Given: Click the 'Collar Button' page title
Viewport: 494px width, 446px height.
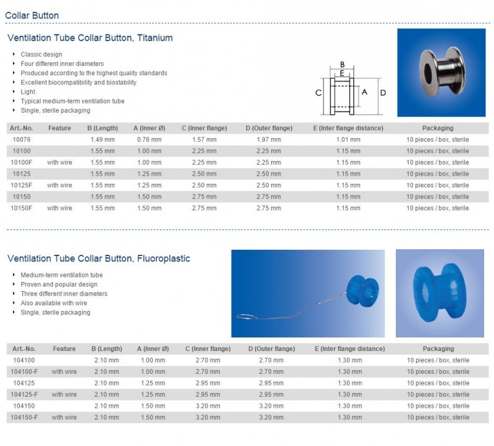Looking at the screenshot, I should tap(32, 15).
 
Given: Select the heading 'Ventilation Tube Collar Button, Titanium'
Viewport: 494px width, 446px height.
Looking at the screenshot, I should tap(90, 38).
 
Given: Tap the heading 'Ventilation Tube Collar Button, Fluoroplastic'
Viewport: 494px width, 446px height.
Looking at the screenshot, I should tap(99, 258).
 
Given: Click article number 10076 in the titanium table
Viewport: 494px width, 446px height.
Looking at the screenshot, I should tap(22, 139).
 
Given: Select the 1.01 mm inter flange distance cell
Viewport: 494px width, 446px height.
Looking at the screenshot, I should tap(348, 139).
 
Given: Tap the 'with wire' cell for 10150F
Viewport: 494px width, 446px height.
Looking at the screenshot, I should tap(60, 208).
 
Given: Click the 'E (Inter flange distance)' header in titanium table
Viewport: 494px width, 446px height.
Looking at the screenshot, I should tap(348, 128).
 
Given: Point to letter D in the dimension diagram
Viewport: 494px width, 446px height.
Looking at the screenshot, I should tap(383, 93).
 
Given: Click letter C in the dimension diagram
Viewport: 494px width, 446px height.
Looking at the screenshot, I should tap(318, 93).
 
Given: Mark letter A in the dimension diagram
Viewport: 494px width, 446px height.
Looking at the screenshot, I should tap(364, 92).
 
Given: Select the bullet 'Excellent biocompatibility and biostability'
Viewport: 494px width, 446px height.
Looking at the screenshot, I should tap(78, 82).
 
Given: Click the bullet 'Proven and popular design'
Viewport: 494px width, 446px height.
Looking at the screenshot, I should tap(59, 284).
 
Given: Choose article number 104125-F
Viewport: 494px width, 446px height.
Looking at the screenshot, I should tap(25, 394).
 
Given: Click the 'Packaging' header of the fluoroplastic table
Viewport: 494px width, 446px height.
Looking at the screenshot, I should tap(438, 349).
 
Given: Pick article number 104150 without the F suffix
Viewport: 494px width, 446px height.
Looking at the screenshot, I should tap(25, 406).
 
